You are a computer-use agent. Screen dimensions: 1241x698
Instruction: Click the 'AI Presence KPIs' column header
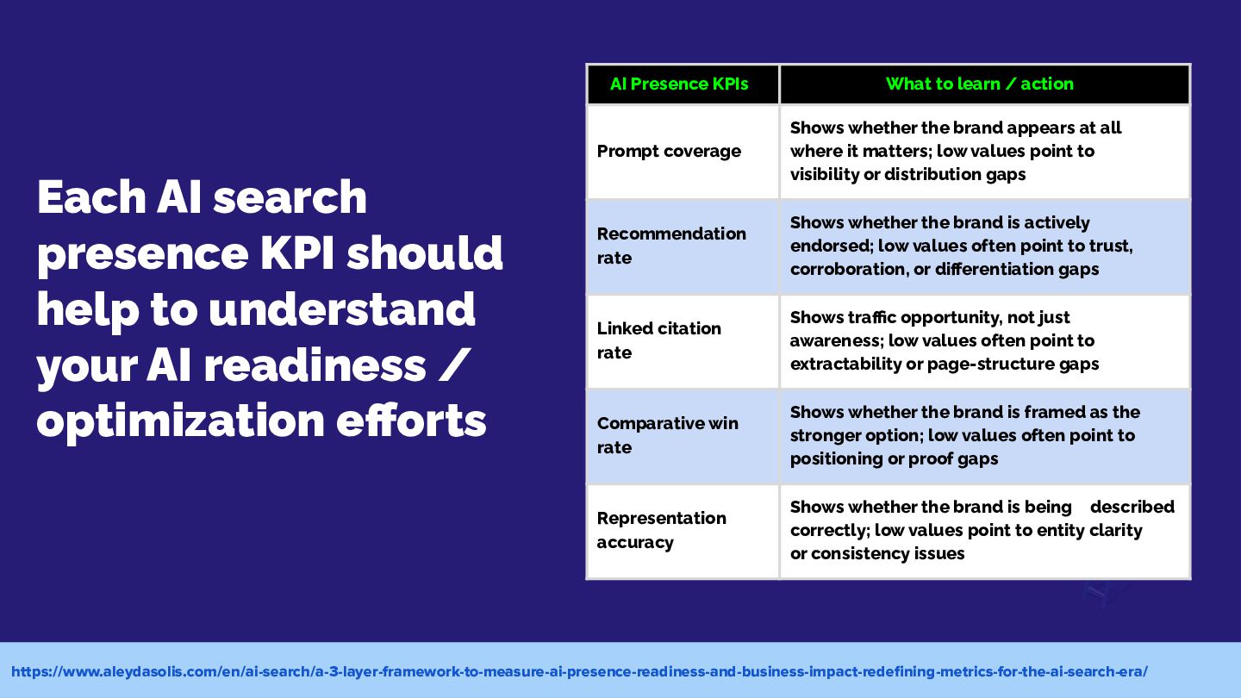click(x=679, y=84)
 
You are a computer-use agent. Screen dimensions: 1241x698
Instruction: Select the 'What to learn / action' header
click(x=980, y=84)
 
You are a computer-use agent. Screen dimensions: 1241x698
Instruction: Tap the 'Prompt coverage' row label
click(x=669, y=152)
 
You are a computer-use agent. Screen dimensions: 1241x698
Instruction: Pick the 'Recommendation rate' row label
click(x=671, y=246)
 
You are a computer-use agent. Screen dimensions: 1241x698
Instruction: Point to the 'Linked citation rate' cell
click(x=658, y=340)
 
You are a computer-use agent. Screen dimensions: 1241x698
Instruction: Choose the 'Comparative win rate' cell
click(x=668, y=435)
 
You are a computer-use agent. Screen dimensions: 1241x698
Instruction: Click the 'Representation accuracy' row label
click(x=662, y=530)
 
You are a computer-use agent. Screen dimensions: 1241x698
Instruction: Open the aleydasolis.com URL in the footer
click(x=579, y=671)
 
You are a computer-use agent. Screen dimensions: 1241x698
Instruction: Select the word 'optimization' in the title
click(x=181, y=422)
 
